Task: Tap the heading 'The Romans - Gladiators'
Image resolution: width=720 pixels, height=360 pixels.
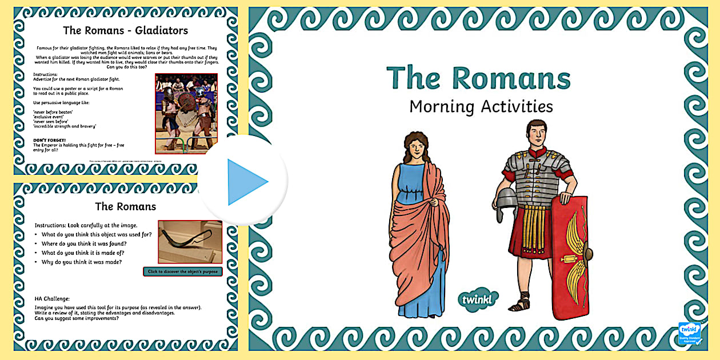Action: pyautogui.click(x=125, y=30)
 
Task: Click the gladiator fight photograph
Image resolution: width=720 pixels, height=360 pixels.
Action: pyautogui.click(x=186, y=113)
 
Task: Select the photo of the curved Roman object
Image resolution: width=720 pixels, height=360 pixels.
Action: pyautogui.click(x=190, y=241)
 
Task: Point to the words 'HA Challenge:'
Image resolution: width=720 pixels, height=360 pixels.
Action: pyautogui.click(x=52, y=298)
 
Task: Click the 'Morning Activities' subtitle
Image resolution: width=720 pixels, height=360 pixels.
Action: pyautogui.click(x=481, y=106)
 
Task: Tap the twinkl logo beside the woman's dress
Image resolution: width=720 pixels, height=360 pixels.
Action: pyautogui.click(x=478, y=298)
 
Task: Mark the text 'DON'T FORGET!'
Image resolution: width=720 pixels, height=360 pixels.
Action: pyautogui.click(x=49, y=139)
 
